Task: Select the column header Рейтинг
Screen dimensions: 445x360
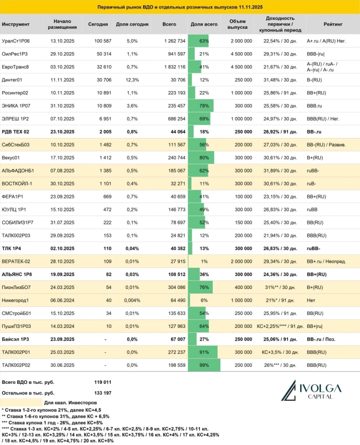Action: (332, 24)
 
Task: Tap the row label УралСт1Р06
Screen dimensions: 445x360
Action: (16, 41)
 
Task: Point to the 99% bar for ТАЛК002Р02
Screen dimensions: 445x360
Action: (204, 365)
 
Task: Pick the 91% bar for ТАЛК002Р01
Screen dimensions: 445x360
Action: (203, 352)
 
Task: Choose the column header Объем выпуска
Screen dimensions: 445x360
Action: (237, 24)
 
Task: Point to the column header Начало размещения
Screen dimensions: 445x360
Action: (62, 24)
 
